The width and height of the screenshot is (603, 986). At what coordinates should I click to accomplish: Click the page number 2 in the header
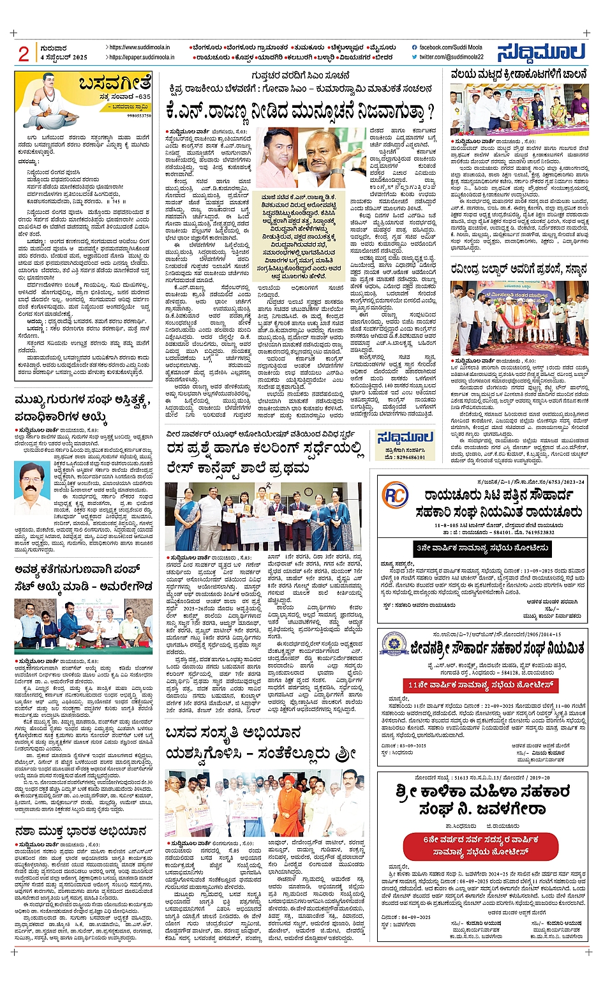pyautogui.click(x=24, y=54)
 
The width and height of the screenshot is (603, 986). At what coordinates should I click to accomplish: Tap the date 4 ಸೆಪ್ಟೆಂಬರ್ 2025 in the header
pyautogui.click(x=63, y=57)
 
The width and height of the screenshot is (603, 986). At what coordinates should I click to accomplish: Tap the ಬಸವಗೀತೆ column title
pyautogui.click(x=115, y=83)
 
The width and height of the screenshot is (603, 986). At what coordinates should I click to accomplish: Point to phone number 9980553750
pyautogui.click(x=139, y=116)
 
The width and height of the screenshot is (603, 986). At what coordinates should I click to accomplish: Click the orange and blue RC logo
pyautogui.click(x=395, y=495)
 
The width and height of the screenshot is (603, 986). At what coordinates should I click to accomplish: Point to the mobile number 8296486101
pyautogui.click(x=406, y=458)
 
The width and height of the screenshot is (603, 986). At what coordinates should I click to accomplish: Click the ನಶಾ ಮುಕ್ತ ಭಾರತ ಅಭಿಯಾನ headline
pyautogui.click(x=80, y=831)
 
